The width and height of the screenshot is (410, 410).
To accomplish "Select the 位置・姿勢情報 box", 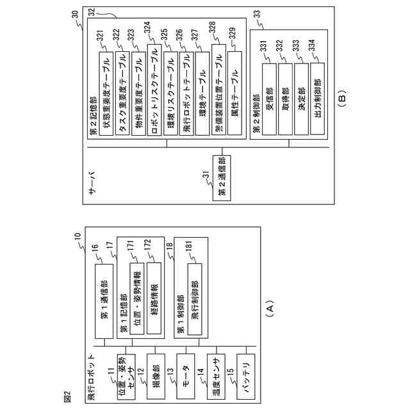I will pyautogui.click(x=135, y=299).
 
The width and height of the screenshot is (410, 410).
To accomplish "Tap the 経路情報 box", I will pyautogui.click(x=153, y=299).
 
